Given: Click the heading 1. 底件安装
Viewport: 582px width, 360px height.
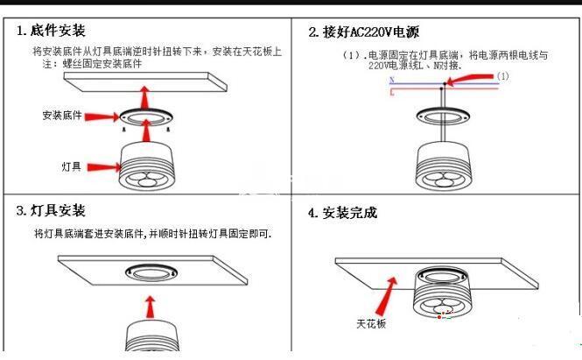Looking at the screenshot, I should coord(51,32).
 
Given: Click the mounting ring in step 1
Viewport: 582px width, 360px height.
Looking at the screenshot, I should coord(147,118).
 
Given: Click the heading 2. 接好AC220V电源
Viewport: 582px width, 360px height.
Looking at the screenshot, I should coord(363,32).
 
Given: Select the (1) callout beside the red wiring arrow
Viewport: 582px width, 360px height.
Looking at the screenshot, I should coord(502,76).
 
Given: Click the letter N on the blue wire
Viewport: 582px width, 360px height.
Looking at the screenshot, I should coord(391,81).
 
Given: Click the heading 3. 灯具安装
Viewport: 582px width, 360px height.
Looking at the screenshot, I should coord(51,211).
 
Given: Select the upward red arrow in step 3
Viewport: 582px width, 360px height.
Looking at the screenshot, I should coord(150,307).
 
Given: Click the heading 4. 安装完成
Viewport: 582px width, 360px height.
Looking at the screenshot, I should coord(342,213).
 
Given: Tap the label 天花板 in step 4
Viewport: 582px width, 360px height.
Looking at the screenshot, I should coord(369,324).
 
